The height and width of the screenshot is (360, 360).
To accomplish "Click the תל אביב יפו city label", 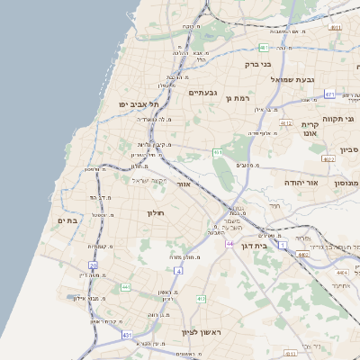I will pyautogui.click(x=131, y=103).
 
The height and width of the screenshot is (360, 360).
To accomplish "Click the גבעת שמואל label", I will pyautogui.click(x=306, y=79).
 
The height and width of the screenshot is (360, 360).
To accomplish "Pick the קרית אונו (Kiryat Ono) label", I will pyautogui.click(x=311, y=128).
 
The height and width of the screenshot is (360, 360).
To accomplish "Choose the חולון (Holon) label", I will pyautogui.click(x=157, y=212).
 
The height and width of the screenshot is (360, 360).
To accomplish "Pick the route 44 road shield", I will pyautogui.click(x=230, y=244).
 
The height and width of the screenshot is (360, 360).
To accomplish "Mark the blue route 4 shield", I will pyautogui.click(x=178, y=270).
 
